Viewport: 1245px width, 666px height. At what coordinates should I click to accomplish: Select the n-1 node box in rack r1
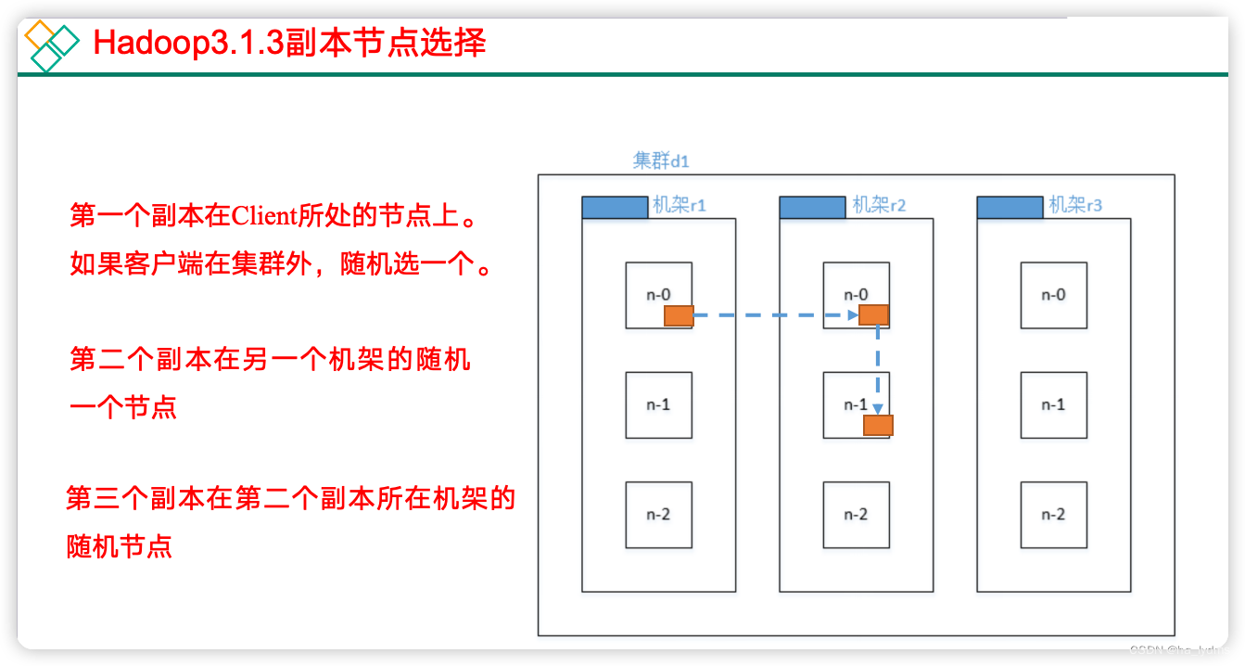658,405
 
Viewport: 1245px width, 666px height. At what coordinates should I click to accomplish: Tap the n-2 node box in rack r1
658,515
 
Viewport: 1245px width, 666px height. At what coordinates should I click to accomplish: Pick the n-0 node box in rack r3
1053,295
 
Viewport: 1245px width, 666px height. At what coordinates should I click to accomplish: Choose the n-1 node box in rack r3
1053,405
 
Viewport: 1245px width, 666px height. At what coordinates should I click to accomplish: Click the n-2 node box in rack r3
1053,515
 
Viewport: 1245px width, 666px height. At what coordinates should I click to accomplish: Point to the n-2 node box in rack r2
856,515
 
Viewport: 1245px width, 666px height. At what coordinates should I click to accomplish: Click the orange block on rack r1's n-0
679,316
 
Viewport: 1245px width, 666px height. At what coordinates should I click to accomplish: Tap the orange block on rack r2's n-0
874,315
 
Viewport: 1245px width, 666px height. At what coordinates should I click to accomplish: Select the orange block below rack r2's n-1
878,426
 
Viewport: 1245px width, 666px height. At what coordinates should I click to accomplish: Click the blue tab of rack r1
615,207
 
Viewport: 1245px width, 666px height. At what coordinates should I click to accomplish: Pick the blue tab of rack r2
812,207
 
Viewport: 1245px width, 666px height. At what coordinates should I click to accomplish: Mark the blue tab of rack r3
1010,207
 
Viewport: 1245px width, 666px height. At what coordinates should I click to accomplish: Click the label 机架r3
1075,205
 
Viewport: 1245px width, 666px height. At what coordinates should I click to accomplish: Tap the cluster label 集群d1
661,160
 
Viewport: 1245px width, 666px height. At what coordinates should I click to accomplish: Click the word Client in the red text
262,217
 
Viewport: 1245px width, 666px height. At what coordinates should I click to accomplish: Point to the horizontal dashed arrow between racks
774,315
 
